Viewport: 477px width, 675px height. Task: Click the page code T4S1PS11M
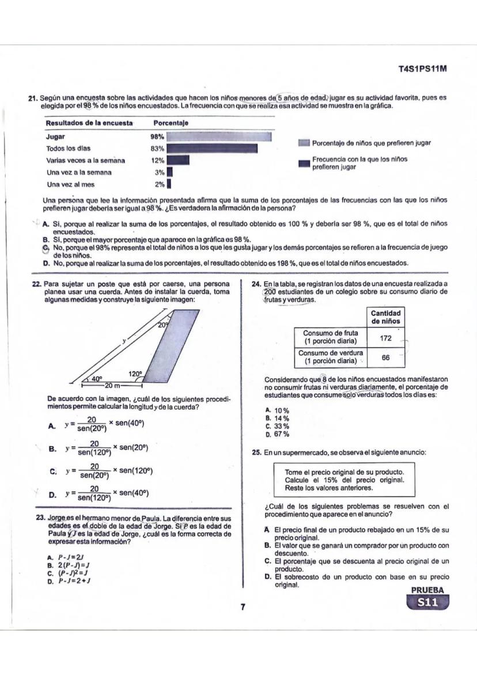(423, 69)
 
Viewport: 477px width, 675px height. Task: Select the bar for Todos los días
(212, 149)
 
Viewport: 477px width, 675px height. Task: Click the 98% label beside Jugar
(157, 137)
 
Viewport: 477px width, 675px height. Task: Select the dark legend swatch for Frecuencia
(304, 163)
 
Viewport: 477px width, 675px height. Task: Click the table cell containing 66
(385, 358)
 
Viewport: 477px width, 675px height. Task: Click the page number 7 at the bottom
(243, 607)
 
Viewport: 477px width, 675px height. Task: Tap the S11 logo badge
(427, 603)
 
